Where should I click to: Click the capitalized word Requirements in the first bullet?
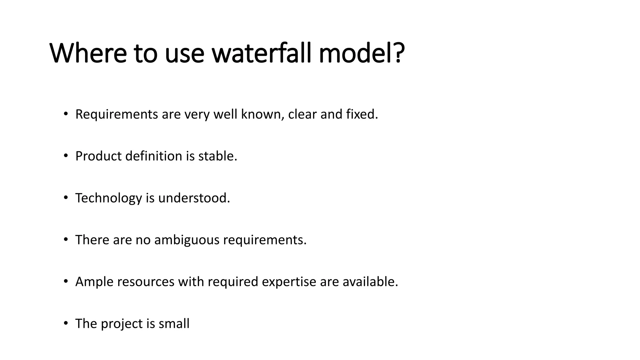point(117,114)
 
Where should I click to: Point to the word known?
point(262,114)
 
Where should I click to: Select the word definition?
point(154,156)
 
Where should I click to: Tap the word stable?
point(217,156)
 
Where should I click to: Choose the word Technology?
point(108,198)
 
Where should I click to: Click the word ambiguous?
point(187,240)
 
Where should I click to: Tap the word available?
point(370,282)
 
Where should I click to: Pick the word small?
point(174,324)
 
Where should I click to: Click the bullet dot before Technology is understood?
point(66,198)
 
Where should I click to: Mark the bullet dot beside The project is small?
point(66,323)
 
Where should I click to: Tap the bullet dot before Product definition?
point(66,156)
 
